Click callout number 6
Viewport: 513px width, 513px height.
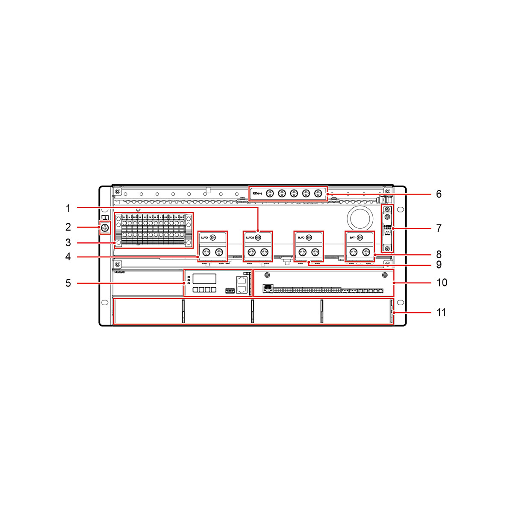[439, 194]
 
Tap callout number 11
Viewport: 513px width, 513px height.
[441, 313]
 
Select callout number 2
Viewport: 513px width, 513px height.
[68, 227]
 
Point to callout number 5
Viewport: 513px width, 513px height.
[68, 283]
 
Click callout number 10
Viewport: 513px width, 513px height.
[442, 283]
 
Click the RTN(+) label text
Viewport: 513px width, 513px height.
[257, 194]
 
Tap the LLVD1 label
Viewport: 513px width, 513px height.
[204, 237]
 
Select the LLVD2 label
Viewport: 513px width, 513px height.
[250, 237]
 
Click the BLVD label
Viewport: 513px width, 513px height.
[301, 237]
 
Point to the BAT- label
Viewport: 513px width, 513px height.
[353, 237]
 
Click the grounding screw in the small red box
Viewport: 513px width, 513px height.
[105, 228]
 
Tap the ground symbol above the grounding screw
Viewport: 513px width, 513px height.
[105, 218]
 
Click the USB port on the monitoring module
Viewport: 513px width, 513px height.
[230, 291]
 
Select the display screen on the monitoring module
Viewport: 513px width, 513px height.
[204, 279]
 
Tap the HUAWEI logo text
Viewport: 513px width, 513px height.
[120, 271]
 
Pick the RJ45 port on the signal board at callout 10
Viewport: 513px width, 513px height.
[268, 288]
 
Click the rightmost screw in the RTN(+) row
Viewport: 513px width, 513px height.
[318, 194]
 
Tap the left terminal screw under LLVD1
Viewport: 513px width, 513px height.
[206, 252]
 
